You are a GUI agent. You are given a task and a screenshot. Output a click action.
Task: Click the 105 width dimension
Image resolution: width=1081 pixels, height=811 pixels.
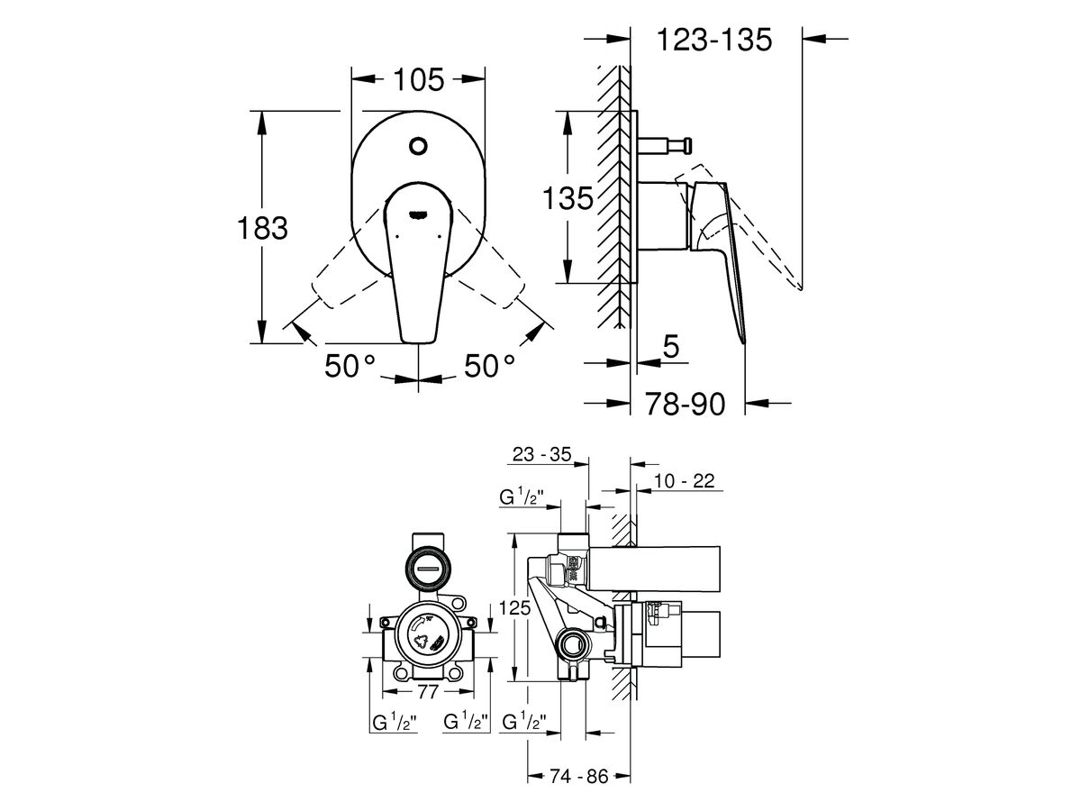(418, 80)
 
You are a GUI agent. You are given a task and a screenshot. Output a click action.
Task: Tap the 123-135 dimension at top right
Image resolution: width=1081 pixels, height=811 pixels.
(714, 40)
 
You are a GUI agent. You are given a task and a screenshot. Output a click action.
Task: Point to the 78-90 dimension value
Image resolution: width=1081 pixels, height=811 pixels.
(686, 405)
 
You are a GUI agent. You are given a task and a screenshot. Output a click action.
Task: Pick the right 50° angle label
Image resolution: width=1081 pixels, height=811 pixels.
(490, 367)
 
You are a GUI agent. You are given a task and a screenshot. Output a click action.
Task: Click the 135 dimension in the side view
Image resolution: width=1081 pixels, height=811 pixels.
(568, 198)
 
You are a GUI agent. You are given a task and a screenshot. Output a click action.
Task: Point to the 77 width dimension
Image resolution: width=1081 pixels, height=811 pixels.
(428, 692)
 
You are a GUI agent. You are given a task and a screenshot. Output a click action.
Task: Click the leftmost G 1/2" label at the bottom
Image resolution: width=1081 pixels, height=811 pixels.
(395, 722)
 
